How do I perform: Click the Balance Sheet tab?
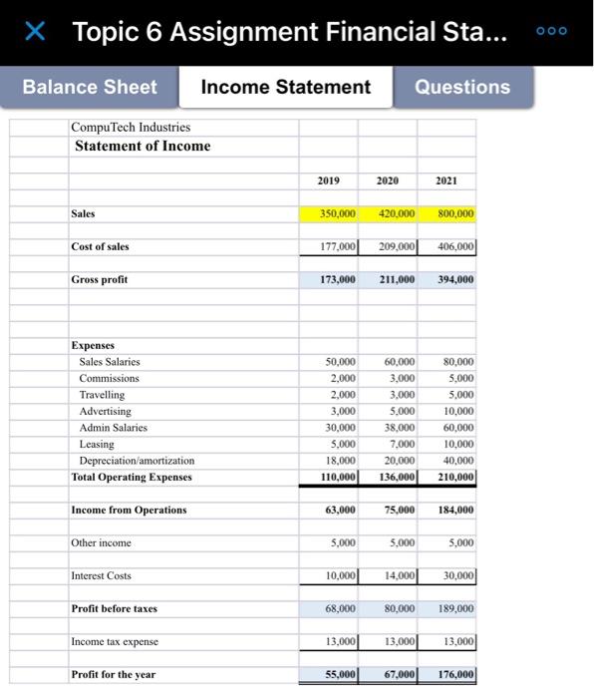click(90, 87)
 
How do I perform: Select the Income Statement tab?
click(285, 87)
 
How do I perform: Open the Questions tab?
click(461, 87)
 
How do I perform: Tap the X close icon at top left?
click(36, 32)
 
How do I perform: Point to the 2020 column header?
click(388, 180)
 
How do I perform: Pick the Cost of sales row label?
click(100, 246)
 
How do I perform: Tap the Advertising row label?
click(106, 411)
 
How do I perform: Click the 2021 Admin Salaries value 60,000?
click(457, 428)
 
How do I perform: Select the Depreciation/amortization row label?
click(138, 460)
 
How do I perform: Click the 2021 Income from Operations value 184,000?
click(454, 510)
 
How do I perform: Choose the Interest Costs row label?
click(102, 575)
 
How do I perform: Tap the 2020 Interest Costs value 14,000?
click(398, 575)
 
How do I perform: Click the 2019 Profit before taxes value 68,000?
click(338, 608)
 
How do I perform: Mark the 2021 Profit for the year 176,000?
click(454, 674)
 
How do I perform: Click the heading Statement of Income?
click(143, 146)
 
